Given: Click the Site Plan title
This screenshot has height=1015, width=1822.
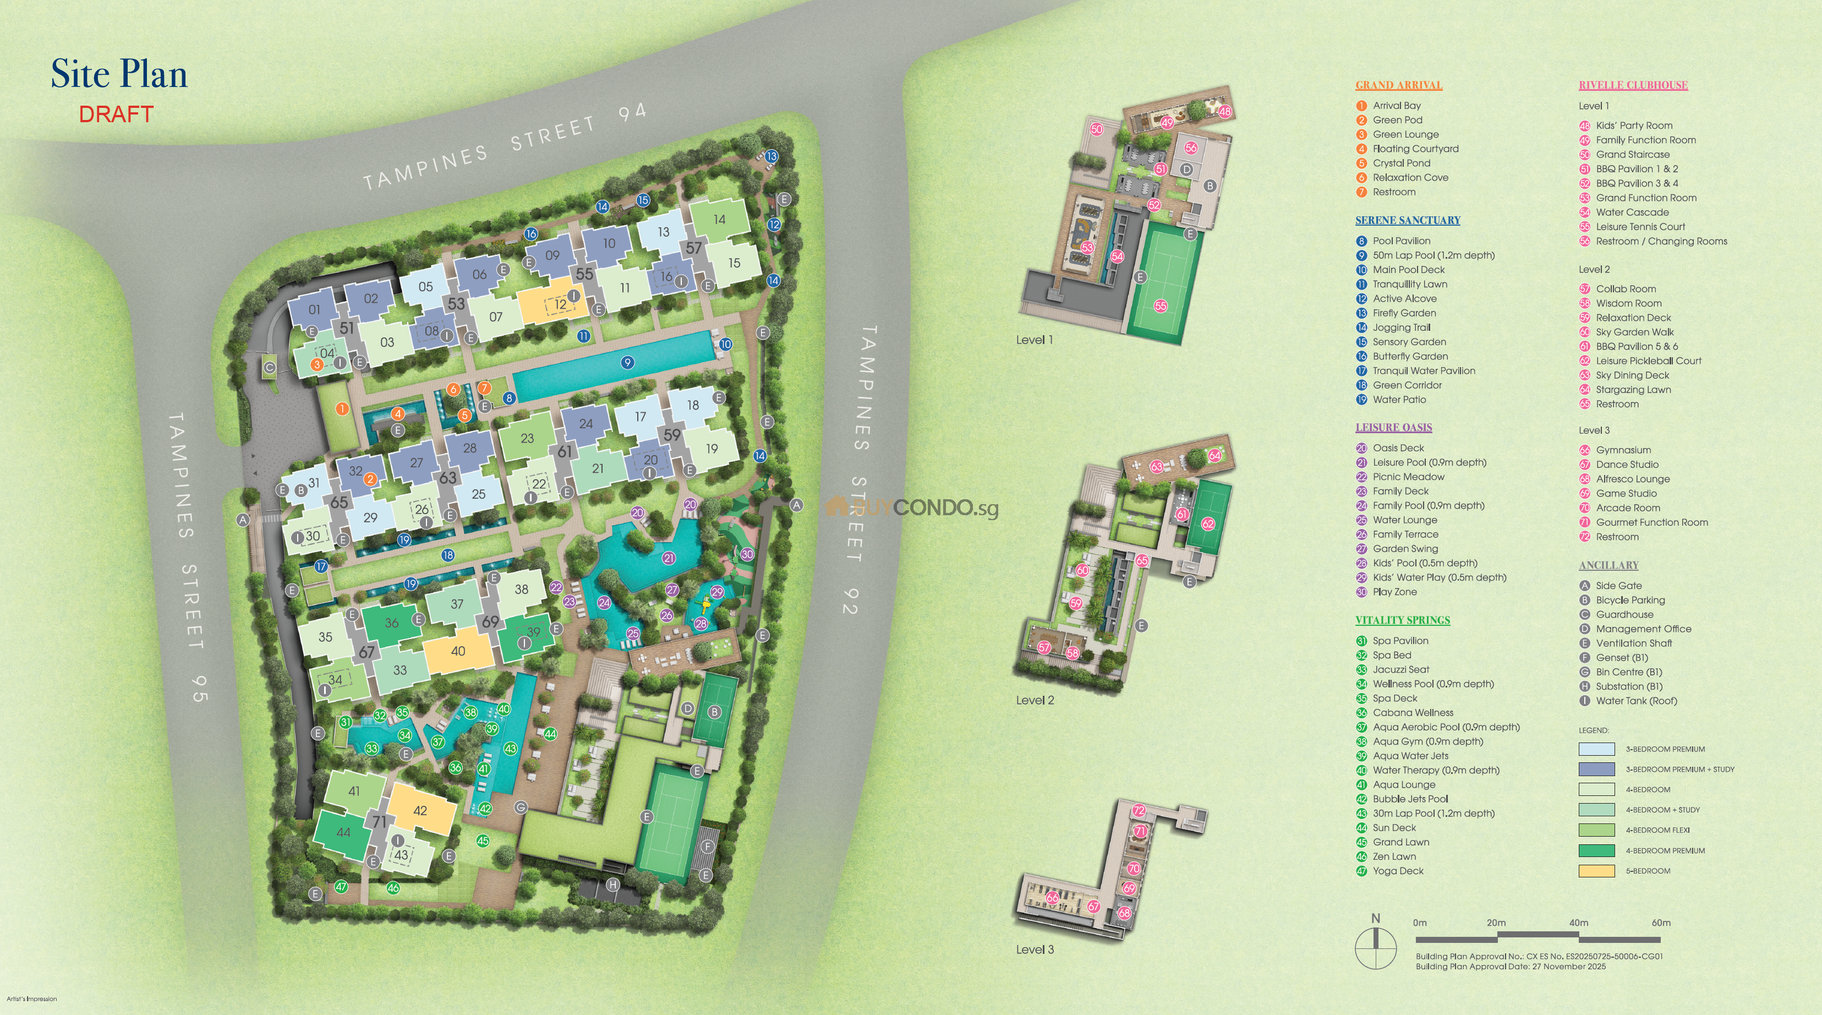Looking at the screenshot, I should (119, 74).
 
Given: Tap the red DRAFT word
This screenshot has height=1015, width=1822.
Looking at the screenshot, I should (116, 114).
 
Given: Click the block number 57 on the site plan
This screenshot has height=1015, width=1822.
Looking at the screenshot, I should (693, 248).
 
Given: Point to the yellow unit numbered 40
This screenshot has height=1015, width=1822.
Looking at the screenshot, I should (458, 651).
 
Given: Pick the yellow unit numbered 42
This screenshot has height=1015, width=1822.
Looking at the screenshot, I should (420, 811).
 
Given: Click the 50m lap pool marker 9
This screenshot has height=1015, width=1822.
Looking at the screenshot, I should (627, 363).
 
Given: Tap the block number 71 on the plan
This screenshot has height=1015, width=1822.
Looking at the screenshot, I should (380, 822).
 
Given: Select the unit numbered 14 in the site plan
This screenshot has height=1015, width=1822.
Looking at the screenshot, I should (719, 219).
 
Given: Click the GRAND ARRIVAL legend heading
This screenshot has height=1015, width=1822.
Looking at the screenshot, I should (1398, 85).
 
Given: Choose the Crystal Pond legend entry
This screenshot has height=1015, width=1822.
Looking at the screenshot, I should (1401, 163).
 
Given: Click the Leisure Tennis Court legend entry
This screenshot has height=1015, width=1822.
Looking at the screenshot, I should (1640, 227).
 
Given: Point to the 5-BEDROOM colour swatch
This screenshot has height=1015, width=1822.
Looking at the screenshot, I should (1596, 871).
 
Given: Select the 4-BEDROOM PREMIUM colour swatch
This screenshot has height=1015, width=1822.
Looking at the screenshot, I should (1596, 850).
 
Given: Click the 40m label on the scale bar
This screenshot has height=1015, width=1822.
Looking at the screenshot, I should (1579, 923).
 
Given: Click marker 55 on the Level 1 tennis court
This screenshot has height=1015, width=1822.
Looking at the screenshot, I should (1161, 306).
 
